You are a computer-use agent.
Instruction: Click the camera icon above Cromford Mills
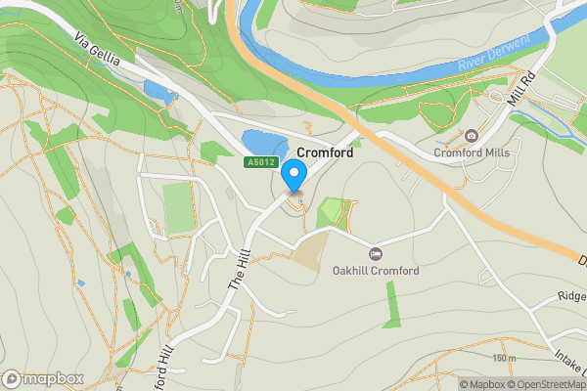[x=472, y=136]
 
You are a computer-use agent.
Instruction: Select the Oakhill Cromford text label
[x=376, y=271]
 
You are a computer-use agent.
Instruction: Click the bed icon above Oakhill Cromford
[x=376, y=254]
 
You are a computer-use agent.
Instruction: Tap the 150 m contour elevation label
[x=505, y=359]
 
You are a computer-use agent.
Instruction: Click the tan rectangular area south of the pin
[x=309, y=253]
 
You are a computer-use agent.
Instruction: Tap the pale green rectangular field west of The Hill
[x=177, y=207]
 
